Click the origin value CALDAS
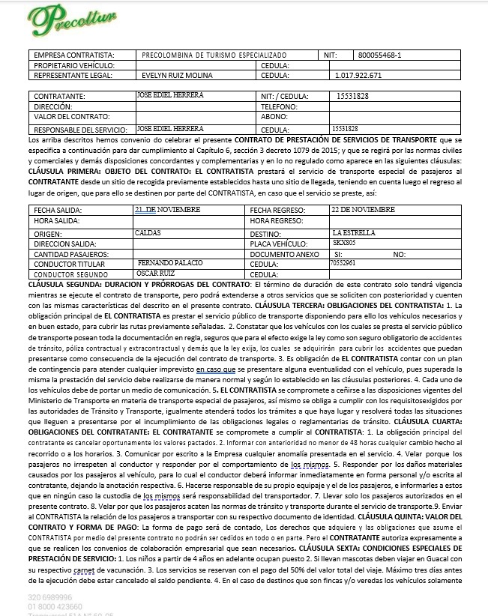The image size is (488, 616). click(148, 233)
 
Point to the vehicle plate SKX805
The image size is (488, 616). click(344, 244)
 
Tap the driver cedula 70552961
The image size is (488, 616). click(343, 264)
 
